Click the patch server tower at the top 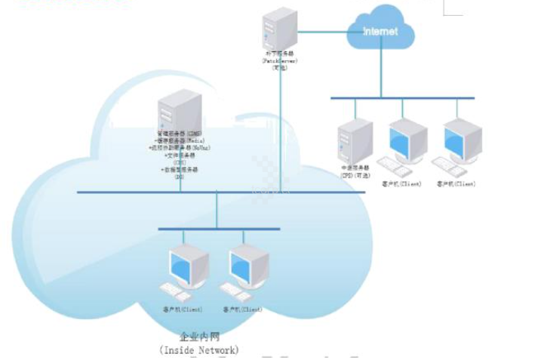280,27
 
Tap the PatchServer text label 280,60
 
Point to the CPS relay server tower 355,140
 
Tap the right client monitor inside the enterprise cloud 248,265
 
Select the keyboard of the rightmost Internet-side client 447,165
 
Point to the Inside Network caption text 199,349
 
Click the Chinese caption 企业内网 199,337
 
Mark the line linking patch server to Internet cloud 323,32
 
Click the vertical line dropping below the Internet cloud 381,72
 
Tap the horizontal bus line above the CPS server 402,98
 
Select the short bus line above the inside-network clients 218,229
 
